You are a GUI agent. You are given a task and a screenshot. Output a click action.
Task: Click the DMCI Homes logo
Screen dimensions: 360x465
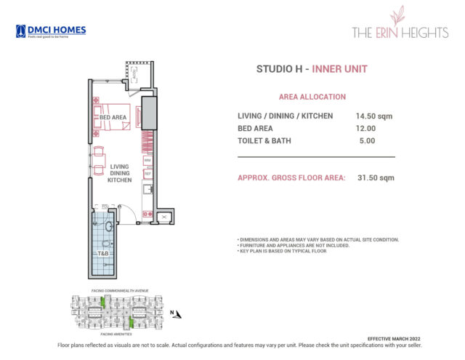click(50, 31)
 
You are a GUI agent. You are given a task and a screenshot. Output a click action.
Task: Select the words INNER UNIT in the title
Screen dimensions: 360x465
click(339, 69)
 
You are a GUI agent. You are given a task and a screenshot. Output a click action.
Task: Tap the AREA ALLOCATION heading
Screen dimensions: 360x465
click(312, 97)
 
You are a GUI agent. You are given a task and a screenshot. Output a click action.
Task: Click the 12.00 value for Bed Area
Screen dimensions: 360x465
click(367, 128)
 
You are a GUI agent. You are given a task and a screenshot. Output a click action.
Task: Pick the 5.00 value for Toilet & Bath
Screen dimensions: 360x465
click(367, 140)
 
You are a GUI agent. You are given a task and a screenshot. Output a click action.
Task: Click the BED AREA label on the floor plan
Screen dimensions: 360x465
click(113, 117)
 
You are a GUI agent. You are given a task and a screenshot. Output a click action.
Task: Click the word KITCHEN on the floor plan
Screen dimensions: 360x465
click(119, 180)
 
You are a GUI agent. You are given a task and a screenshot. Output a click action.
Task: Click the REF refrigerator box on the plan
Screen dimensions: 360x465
click(147, 174)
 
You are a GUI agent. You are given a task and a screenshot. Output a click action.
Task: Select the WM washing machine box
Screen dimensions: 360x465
click(147, 160)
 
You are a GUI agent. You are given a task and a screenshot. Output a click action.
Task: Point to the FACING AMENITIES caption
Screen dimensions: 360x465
click(101, 334)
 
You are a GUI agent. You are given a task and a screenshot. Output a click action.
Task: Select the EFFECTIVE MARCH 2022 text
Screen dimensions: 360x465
click(394, 339)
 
